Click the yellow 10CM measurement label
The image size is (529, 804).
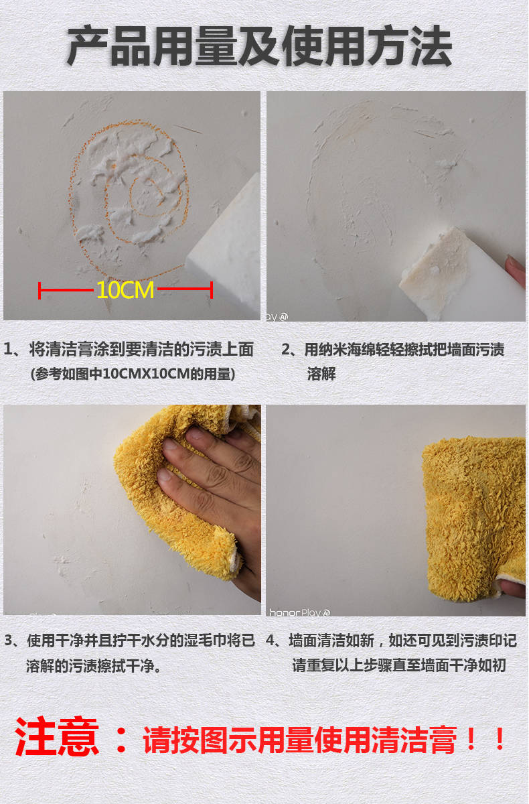(x=125, y=289)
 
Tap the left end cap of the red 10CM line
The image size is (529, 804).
(x=40, y=290)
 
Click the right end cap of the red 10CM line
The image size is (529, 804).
(x=212, y=290)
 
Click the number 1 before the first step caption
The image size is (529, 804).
(x=7, y=349)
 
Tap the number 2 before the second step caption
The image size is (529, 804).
(x=286, y=349)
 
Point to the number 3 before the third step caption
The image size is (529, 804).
(x=9, y=641)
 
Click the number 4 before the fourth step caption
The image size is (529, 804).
(x=270, y=641)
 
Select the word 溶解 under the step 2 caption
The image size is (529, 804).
(x=321, y=374)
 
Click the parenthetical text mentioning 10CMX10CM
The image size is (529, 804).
(x=133, y=374)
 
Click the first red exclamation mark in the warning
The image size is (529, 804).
(x=471, y=738)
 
